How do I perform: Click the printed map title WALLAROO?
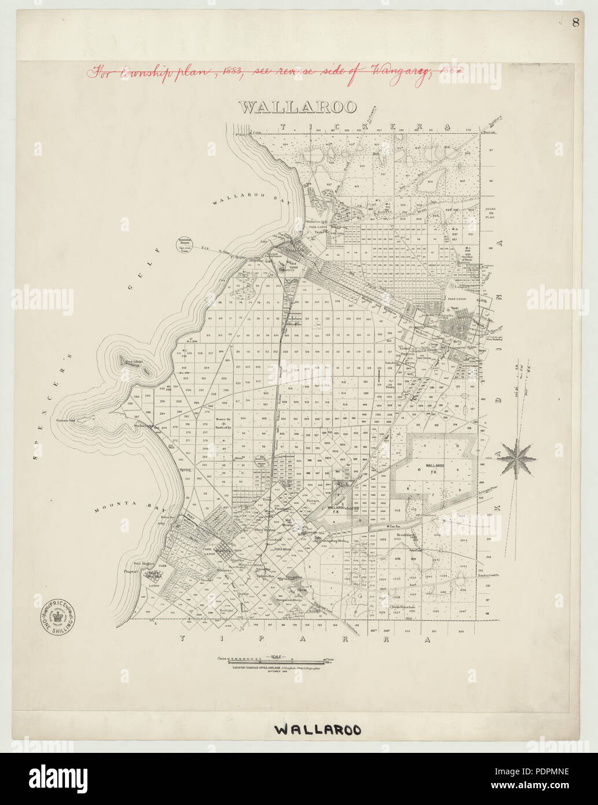[298, 107]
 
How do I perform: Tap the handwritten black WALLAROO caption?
[317, 729]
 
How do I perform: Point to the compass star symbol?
[516, 458]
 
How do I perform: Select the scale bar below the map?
[277, 660]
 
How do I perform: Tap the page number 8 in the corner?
[575, 23]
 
